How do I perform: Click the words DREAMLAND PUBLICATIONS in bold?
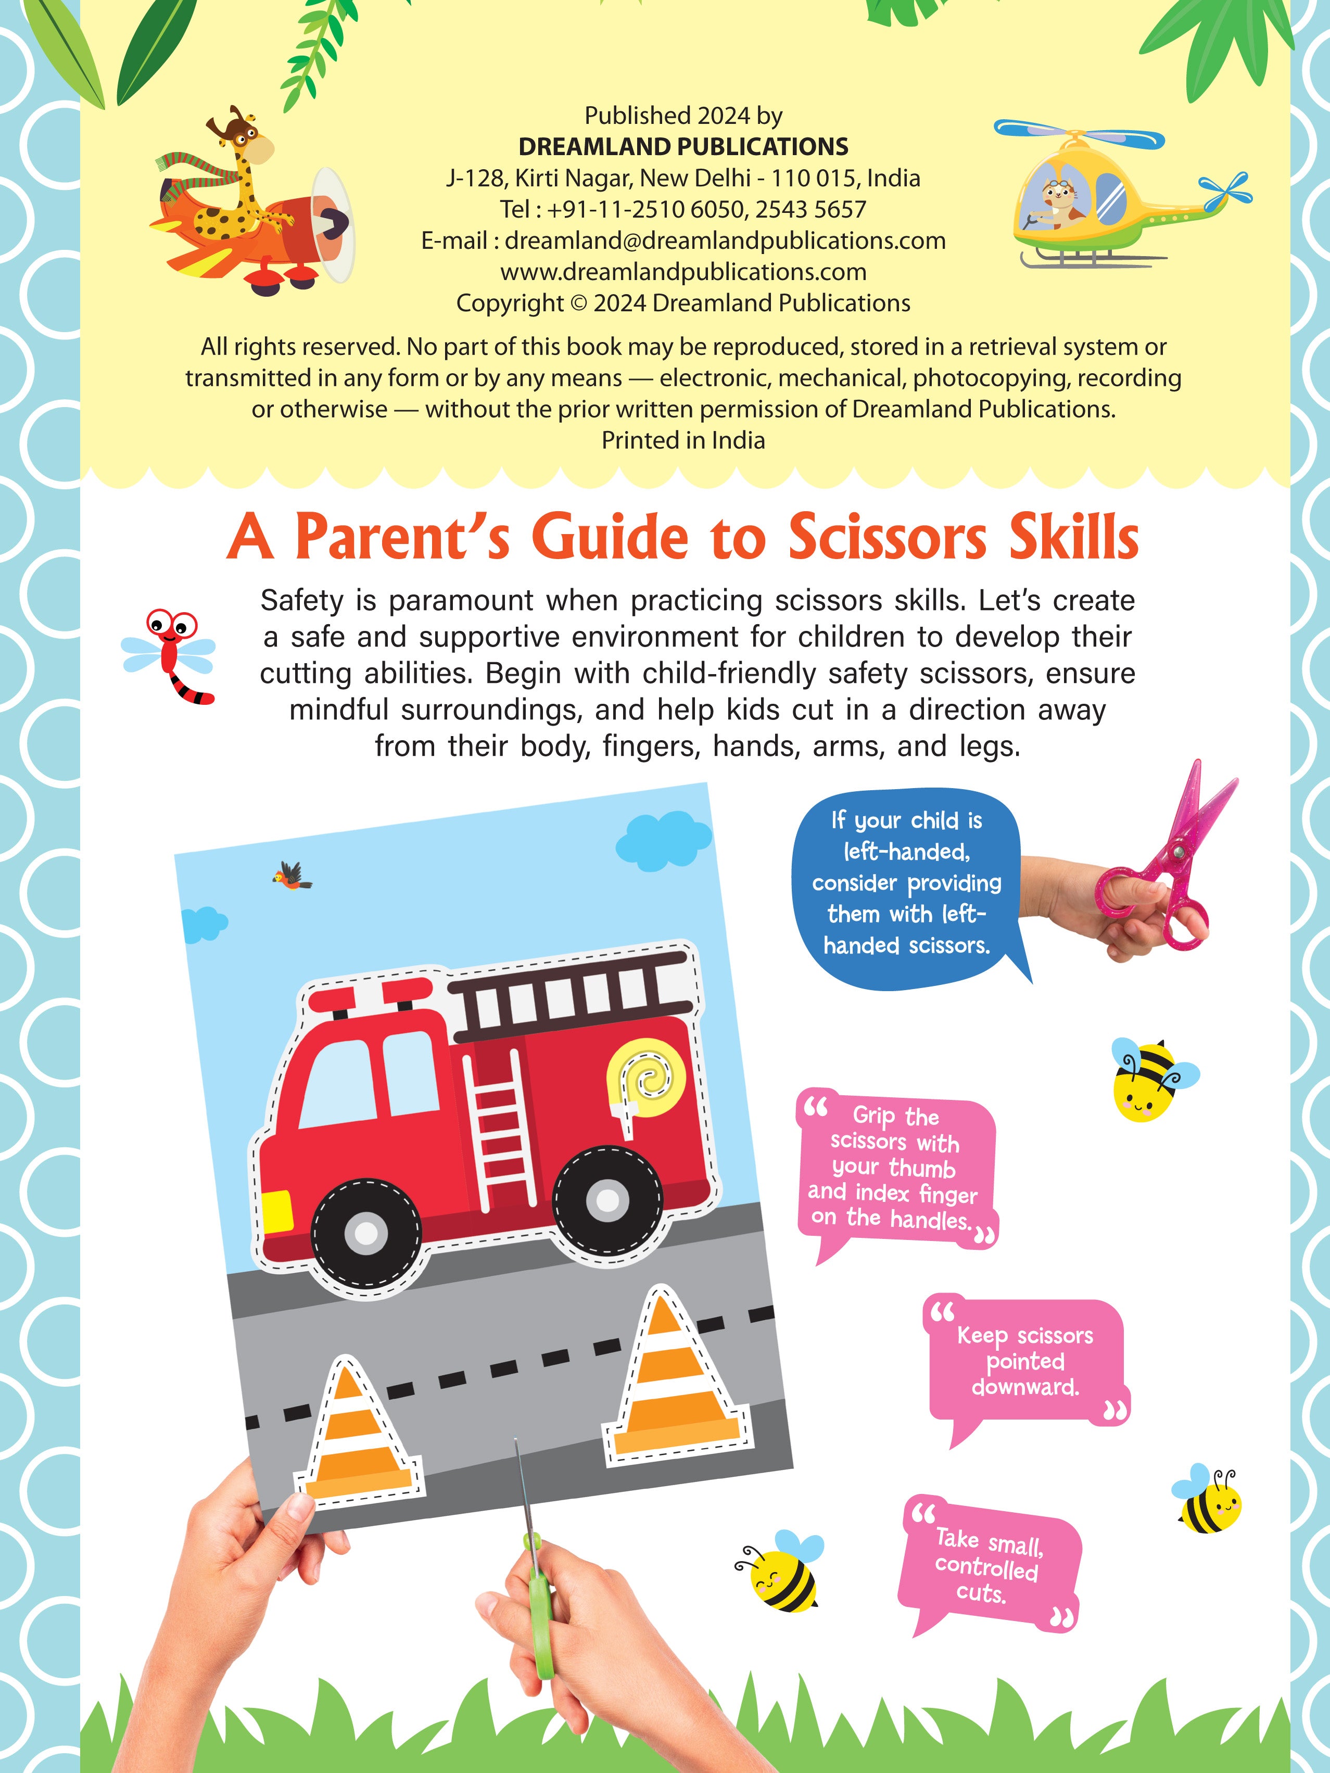pyautogui.click(x=683, y=147)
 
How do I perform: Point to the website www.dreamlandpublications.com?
pyautogui.click(x=683, y=272)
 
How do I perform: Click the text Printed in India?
pyautogui.click(x=683, y=440)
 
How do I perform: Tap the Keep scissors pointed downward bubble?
pyautogui.click(x=1025, y=1363)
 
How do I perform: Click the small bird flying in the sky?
pyautogui.click(x=292, y=876)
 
